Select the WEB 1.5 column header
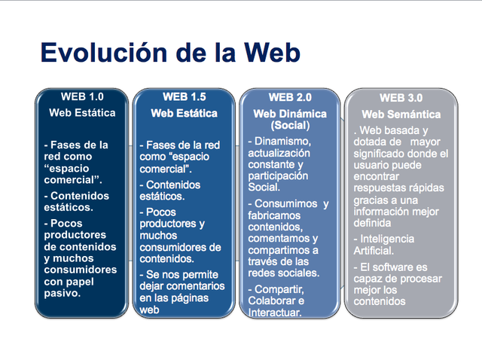184,96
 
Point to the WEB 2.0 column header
290,97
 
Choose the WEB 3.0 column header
400,97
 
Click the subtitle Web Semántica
400,114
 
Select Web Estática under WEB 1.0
82,113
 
